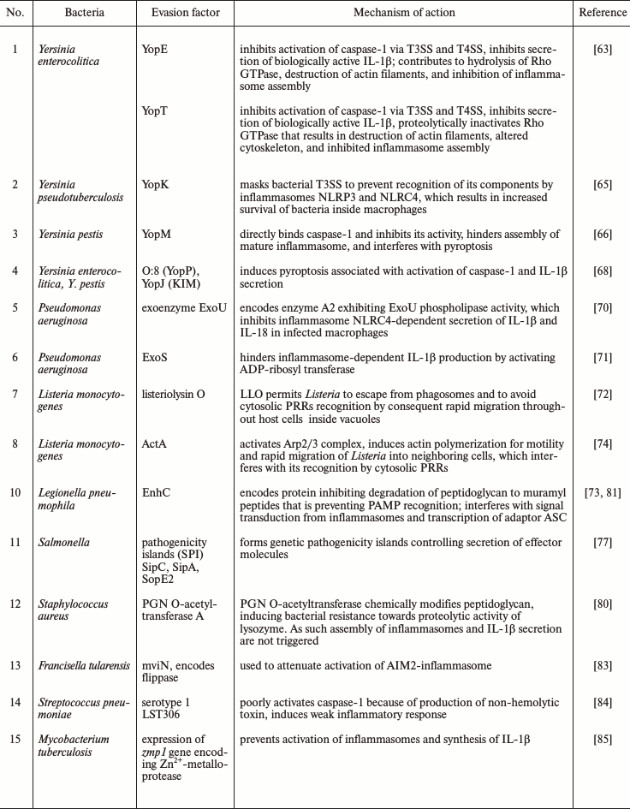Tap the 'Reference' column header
(602, 13)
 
